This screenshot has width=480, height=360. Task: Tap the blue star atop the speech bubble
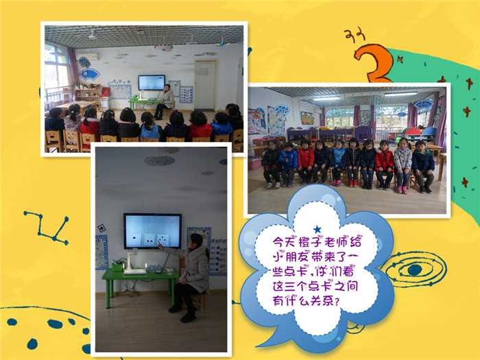(317, 229)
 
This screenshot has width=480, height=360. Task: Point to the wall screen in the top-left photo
(152, 82)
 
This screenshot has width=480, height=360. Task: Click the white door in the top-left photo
(205, 85)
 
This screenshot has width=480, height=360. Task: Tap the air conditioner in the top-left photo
(88, 57)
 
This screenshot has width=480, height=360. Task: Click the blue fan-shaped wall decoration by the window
(89, 74)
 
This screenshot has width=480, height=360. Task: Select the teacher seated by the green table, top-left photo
(165, 101)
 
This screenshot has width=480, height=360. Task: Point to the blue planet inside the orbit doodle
(415, 269)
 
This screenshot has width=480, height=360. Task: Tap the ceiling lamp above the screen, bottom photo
(159, 160)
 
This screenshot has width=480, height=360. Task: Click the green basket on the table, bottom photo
(117, 266)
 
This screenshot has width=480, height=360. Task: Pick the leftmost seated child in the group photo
(272, 164)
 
